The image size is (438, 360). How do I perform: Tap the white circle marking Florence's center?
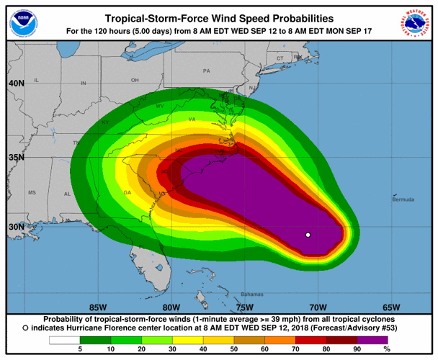[x=308, y=235]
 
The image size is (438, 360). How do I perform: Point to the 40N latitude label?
[x=16, y=84]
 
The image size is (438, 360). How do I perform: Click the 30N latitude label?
[x=16, y=227]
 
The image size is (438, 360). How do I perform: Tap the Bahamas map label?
[x=251, y=294]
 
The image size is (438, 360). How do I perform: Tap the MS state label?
[x=32, y=193]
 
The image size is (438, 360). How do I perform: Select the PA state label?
[x=206, y=71]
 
